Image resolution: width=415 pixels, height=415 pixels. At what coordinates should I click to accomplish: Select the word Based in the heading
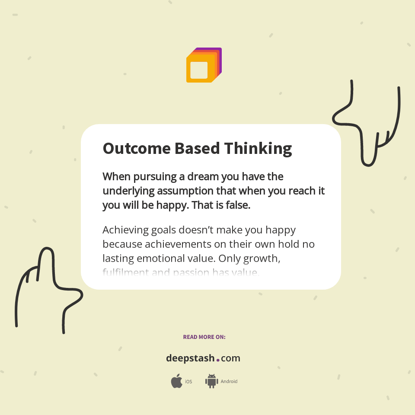pyautogui.click(x=197, y=148)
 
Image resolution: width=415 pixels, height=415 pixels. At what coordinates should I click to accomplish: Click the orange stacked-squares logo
pyautogui.click(x=204, y=65)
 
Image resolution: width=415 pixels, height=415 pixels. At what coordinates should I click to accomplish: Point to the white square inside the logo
pyautogui.click(x=199, y=70)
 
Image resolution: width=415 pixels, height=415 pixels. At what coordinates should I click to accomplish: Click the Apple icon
pyautogui.click(x=176, y=381)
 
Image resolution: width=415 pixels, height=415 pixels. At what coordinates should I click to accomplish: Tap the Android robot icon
pyautogui.click(x=211, y=381)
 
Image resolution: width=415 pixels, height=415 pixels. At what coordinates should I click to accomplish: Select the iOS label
pyautogui.click(x=188, y=382)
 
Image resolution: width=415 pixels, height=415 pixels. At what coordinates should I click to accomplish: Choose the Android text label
pyautogui.click(x=229, y=382)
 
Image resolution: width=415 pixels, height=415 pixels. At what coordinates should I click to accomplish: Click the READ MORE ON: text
pyautogui.click(x=204, y=337)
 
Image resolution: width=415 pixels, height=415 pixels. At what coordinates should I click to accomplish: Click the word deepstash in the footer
pyautogui.click(x=190, y=358)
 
